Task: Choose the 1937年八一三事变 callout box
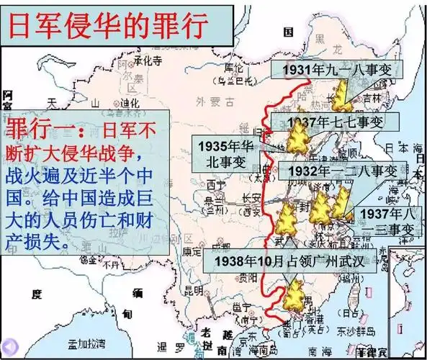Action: point(386,222)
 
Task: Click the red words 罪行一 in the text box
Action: point(43,131)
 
